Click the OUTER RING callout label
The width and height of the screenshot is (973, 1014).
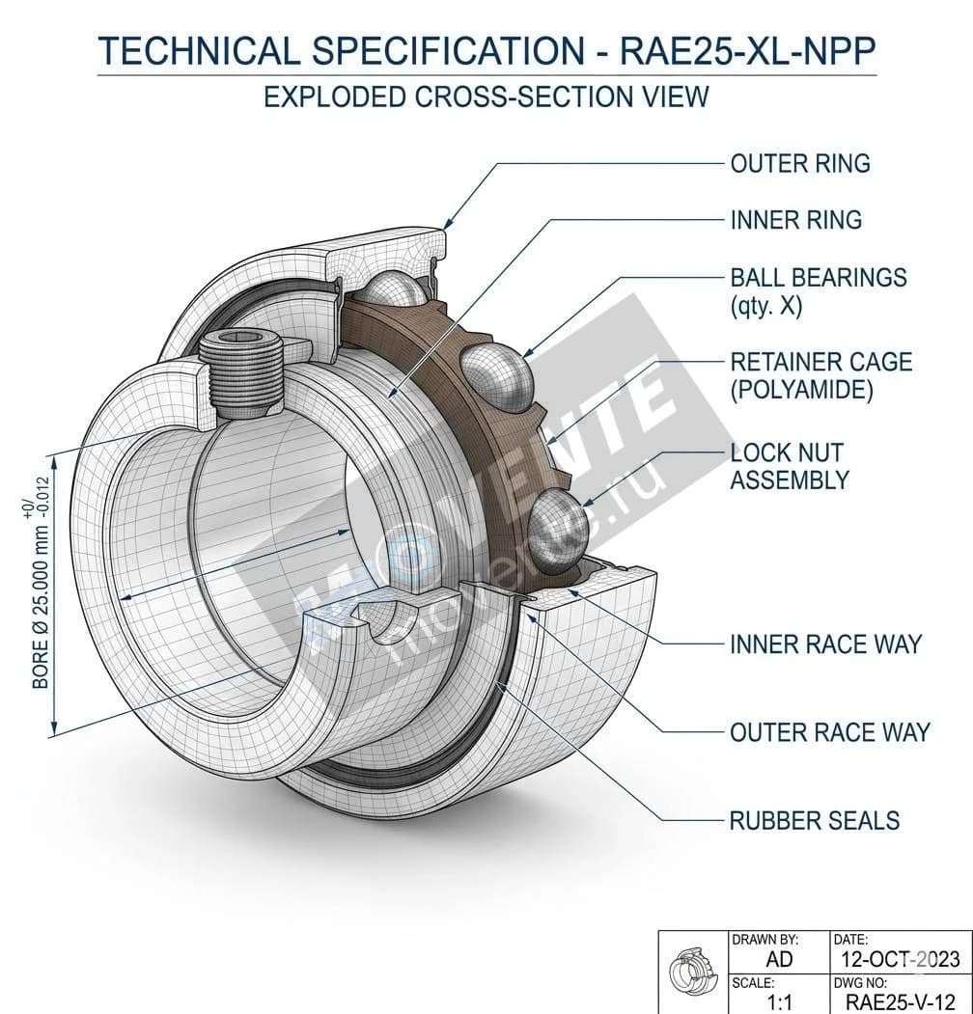pos(799,164)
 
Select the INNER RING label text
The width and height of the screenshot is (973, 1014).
pos(795,221)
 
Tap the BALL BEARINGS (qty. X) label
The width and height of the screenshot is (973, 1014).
pos(818,291)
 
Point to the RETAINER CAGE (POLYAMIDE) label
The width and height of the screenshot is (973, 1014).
pos(820,375)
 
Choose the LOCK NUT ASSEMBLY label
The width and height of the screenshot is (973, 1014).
pos(789,466)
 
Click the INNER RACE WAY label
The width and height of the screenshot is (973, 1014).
pos(825,644)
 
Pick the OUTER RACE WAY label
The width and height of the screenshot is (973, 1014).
pos(829,732)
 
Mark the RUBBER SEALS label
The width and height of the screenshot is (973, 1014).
pos(814,821)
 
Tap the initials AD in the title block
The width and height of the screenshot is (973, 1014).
pos(778,958)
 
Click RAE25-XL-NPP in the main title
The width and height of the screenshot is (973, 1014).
pos(747,51)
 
